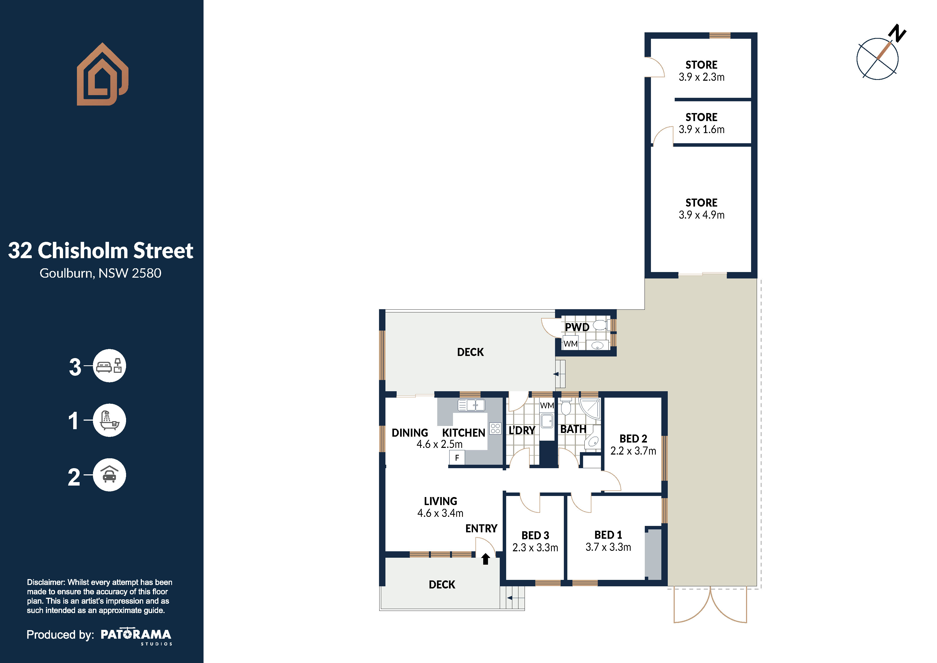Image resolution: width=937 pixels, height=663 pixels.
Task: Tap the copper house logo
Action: click(x=103, y=74)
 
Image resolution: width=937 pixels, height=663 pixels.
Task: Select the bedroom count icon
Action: click(x=109, y=366)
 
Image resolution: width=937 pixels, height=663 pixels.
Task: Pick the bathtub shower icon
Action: click(x=109, y=420)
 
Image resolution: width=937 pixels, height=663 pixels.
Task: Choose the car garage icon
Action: click(x=109, y=475)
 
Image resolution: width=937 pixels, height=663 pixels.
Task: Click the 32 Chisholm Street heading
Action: click(x=100, y=250)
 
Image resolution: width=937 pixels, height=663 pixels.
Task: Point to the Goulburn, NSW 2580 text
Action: click(x=100, y=273)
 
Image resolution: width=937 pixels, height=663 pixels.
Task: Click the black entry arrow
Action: click(x=485, y=559)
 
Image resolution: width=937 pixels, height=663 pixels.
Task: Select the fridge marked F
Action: click(x=457, y=458)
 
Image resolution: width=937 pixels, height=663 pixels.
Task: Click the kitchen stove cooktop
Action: click(x=495, y=428)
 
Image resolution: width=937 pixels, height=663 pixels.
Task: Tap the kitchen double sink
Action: click(x=471, y=405)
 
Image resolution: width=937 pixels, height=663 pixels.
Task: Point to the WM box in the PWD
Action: click(x=571, y=343)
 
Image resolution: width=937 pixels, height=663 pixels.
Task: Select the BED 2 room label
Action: click(x=633, y=439)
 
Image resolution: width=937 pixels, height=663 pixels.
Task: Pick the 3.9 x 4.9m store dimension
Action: click(x=701, y=215)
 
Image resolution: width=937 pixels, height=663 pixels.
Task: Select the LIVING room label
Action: click(x=440, y=501)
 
